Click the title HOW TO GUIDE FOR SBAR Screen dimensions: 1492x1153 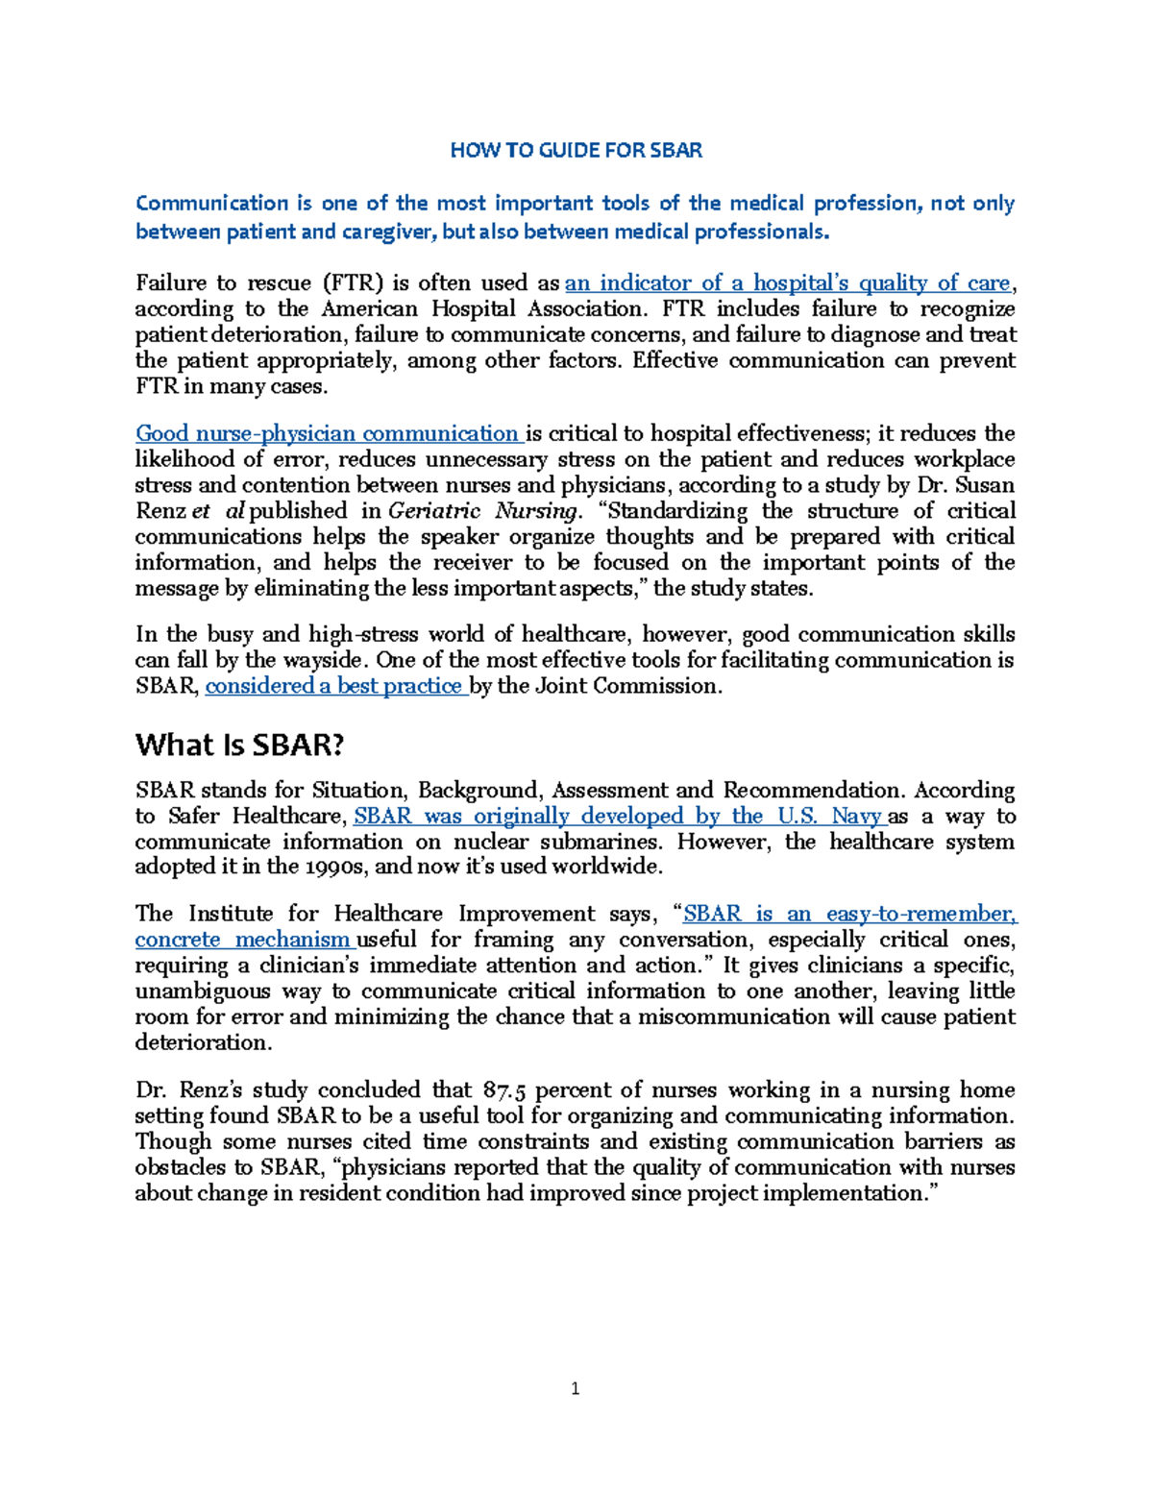576,151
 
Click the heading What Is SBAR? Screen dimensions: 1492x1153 239,745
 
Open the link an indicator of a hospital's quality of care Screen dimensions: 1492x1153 788,283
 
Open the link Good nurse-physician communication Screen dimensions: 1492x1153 327,433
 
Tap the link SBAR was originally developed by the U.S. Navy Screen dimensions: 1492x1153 617,817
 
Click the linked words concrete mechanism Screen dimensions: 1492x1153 242,940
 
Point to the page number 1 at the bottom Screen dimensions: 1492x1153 575,1388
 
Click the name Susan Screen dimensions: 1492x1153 986,485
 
